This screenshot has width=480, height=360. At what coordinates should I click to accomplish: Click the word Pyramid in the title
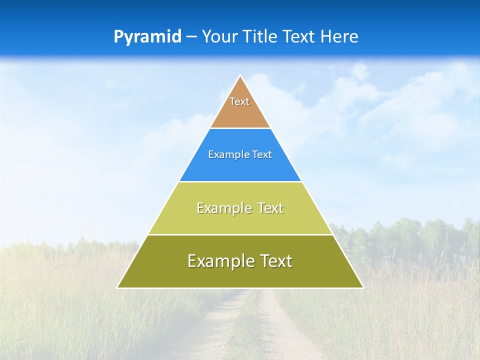point(147,37)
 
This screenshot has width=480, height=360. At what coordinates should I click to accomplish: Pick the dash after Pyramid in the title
point(191,37)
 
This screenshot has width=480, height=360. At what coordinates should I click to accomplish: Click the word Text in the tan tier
point(239,101)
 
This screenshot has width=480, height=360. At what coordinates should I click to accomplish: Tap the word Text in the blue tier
point(262,155)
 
